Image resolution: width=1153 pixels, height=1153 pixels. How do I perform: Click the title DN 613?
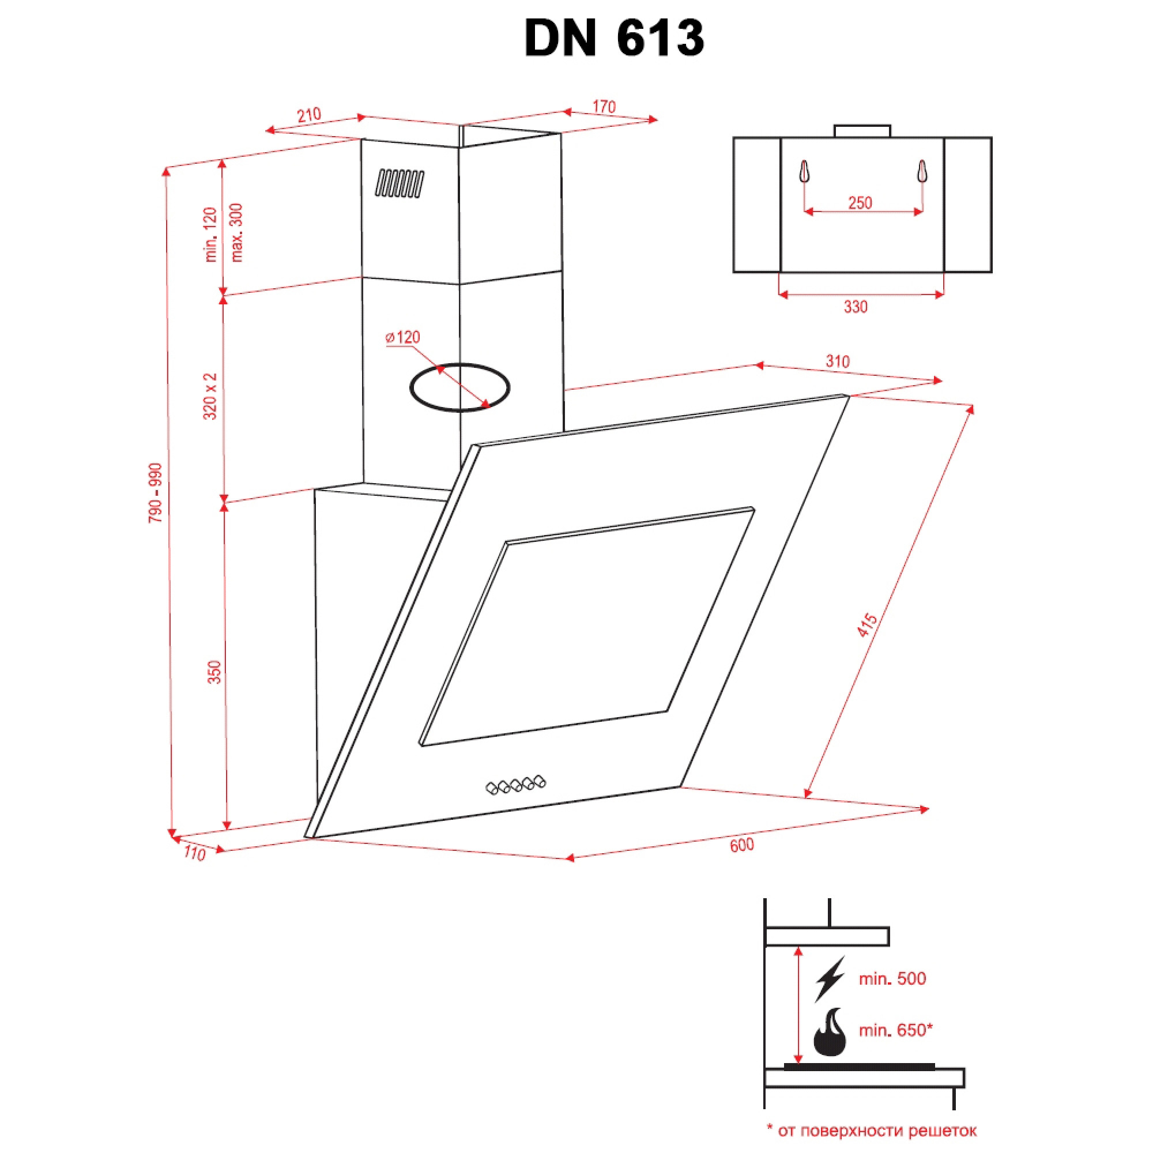click(x=614, y=38)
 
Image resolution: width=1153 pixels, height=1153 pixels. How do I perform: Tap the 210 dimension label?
click(x=308, y=115)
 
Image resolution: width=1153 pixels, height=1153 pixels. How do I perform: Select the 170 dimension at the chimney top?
click(x=604, y=107)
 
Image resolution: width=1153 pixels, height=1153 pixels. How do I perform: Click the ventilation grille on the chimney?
click(x=400, y=183)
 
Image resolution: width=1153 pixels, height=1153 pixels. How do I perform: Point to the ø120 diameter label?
click(x=403, y=338)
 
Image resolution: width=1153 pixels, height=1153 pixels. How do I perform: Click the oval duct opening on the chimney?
click(x=459, y=364)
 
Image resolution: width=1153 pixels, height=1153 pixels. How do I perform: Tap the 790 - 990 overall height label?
click(x=155, y=493)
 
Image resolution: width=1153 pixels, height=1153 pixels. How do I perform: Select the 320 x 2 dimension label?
click(x=210, y=396)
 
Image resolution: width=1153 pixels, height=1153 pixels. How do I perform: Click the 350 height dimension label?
click(x=214, y=672)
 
